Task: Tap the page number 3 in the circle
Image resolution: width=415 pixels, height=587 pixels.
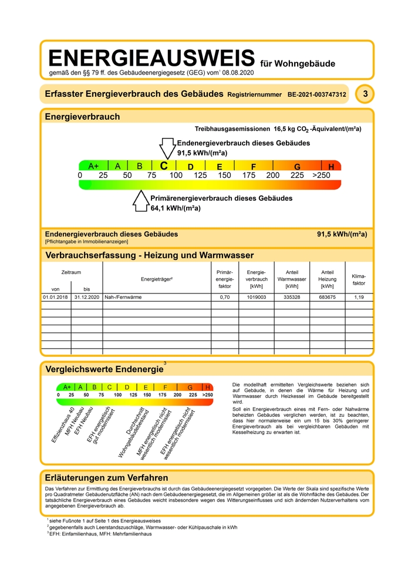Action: tap(366, 94)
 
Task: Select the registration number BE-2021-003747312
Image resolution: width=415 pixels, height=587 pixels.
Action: tap(316, 95)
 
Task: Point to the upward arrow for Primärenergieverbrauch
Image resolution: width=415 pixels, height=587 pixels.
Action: tap(141, 201)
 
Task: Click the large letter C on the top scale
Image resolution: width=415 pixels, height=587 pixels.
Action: tap(164, 166)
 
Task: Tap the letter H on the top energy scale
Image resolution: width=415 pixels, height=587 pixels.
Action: tap(331, 167)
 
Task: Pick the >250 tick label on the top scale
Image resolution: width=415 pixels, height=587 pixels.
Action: tap(321, 175)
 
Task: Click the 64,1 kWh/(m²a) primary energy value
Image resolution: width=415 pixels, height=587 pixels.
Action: tap(176, 208)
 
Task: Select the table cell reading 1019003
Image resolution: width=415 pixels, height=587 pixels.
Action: tap(256, 298)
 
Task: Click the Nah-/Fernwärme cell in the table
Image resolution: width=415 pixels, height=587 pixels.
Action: tap(123, 298)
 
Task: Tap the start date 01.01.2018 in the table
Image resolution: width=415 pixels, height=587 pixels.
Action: tap(55, 298)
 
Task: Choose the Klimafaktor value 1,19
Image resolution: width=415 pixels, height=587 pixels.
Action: tap(359, 298)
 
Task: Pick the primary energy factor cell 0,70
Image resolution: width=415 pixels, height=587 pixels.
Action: tap(224, 298)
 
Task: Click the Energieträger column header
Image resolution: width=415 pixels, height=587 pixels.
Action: tap(157, 279)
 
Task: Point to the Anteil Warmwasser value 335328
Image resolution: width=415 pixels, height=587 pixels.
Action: tap(292, 298)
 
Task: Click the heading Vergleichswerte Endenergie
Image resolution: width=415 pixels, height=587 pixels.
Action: tap(104, 369)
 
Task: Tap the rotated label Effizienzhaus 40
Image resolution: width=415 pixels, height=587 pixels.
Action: tap(63, 424)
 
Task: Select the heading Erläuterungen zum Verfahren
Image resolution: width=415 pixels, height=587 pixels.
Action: tap(107, 478)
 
